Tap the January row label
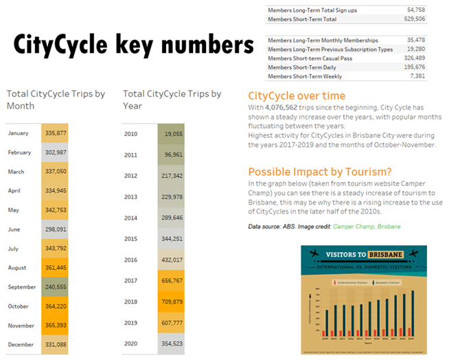19,133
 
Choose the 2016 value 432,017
172,260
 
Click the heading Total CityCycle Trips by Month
56,100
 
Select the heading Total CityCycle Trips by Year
172,100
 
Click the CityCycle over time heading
297,96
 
